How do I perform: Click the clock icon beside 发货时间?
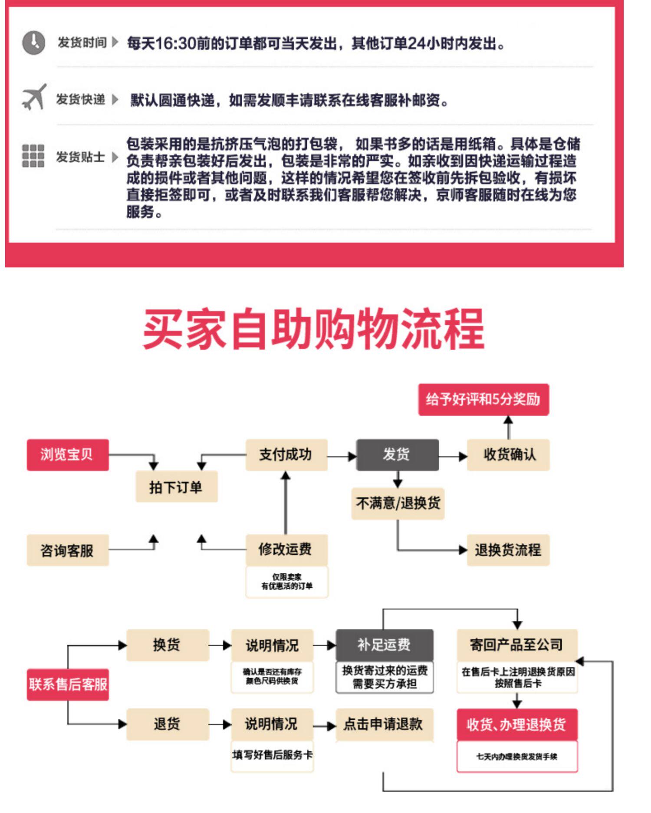(33, 43)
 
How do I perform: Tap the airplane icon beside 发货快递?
(34, 97)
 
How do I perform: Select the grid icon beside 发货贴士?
(33, 156)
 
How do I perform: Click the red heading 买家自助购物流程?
(313, 329)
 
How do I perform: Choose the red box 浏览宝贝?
(67, 455)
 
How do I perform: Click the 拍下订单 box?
(176, 487)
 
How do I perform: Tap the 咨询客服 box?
(67, 550)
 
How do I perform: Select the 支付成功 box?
(286, 455)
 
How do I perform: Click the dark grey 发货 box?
(397, 455)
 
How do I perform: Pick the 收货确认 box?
(508, 455)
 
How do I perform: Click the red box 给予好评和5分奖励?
(483, 399)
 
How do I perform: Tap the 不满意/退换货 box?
(398, 504)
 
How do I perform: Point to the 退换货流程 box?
(508, 550)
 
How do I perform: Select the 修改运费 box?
(286, 550)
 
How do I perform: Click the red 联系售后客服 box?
(68, 685)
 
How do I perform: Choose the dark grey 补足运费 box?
(385, 645)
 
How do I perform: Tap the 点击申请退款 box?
(385, 724)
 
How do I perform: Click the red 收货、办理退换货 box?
(517, 724)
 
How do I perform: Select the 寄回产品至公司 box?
(517, 645)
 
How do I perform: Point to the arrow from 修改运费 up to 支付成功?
(286, 504)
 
